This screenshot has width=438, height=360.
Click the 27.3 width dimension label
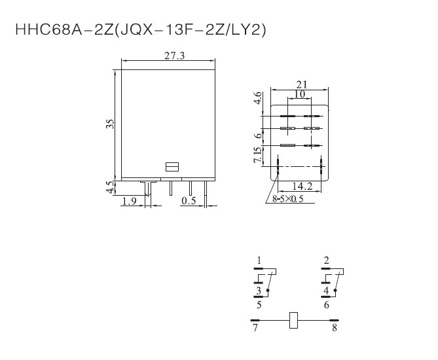pos(174,56)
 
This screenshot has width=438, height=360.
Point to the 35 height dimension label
pos(111,124)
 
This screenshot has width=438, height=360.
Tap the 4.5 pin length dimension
pos(111,187)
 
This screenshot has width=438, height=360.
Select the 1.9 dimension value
pos(130,201)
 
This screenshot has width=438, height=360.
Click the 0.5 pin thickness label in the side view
pos(189,201)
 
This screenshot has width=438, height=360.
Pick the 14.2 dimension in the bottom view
pos(302,186)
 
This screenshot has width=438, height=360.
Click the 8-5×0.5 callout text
pos(288,199)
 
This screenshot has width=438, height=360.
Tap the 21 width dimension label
pos(302,84)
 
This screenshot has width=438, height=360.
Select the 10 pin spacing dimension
pos(300,94)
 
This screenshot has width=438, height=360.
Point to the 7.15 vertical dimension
pos(258,154)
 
